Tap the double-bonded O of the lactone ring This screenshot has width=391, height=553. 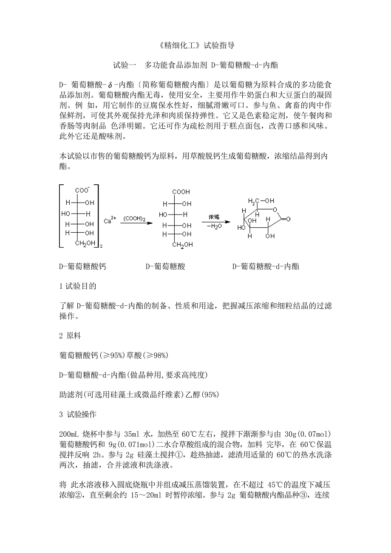(288, 219)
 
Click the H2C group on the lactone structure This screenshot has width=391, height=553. (254, 200)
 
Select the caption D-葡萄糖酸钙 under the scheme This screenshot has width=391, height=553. (82, 267)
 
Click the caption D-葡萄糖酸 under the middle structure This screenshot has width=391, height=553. (165, 267)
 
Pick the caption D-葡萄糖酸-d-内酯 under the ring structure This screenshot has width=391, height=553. (266, 267)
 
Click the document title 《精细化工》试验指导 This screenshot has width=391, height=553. (195, 45)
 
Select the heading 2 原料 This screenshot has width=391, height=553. (70, 336)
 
